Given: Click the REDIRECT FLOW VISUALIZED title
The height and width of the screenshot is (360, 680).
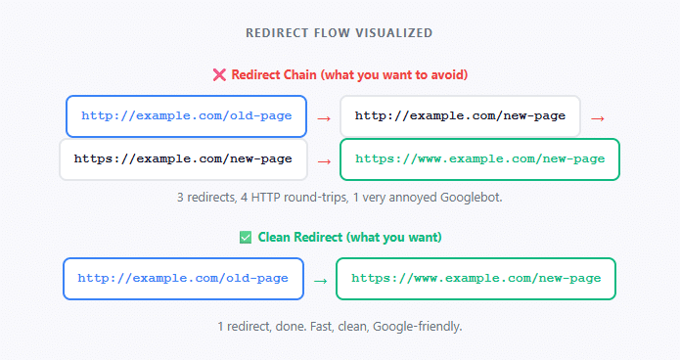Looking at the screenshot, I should tap(339, 32).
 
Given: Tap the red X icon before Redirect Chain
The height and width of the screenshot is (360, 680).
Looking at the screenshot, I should tap(219, 74).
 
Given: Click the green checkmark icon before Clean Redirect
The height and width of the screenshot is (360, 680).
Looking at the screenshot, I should tap(246, 237).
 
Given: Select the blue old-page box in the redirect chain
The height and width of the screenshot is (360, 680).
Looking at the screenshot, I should tap(186, 115).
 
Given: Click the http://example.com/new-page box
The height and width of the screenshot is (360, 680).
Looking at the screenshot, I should tap(460, 115).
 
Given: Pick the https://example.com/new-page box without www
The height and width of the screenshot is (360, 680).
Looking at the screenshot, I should tap(183, 158).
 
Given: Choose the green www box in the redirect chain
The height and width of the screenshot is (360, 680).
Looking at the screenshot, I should tap(479, 158).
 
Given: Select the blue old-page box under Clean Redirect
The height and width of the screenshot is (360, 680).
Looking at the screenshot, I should tap(183, 279).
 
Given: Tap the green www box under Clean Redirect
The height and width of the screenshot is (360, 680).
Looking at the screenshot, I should tap(476, 279).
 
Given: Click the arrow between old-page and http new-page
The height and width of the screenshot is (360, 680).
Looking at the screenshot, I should tap(323, 117).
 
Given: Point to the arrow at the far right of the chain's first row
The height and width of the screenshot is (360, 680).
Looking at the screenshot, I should tap(598, 117).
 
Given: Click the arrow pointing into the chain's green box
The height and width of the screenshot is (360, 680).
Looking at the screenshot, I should tap(323, 160).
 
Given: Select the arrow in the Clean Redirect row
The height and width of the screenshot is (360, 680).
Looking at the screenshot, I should tap(319, 281).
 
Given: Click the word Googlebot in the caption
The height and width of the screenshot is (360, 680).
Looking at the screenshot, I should tap(470, 198).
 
